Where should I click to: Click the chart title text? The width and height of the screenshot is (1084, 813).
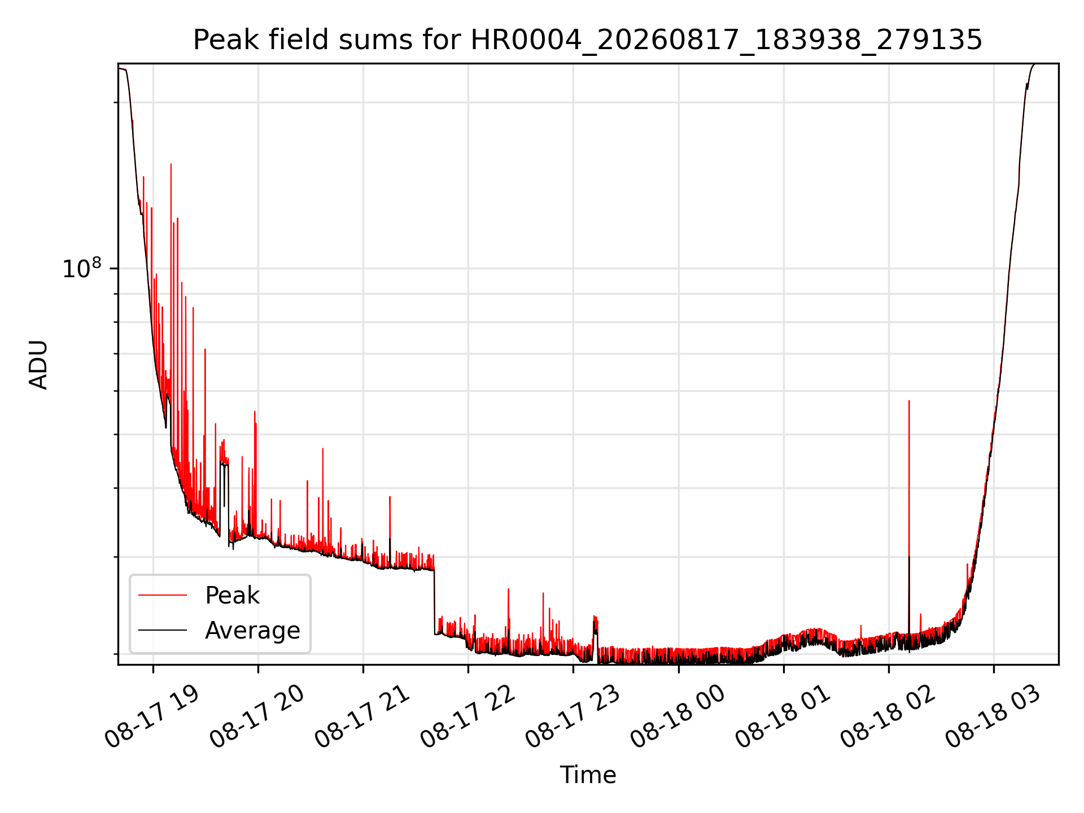point(588,40)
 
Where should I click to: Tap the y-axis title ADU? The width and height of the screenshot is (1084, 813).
point(38,365)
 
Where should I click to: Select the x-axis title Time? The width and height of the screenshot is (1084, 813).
point(588,775)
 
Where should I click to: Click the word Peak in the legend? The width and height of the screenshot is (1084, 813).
point(232,596)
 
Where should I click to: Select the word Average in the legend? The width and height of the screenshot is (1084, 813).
point(252,631)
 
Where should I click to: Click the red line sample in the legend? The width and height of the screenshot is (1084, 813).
point(163,595)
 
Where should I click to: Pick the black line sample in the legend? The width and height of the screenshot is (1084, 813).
point(163,630)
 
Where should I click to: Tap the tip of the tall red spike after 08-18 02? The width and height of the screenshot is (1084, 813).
point(909,400)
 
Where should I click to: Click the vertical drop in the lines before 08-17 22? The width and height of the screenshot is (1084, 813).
point(435,602)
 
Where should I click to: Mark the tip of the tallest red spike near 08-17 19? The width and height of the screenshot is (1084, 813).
point(171,164)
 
